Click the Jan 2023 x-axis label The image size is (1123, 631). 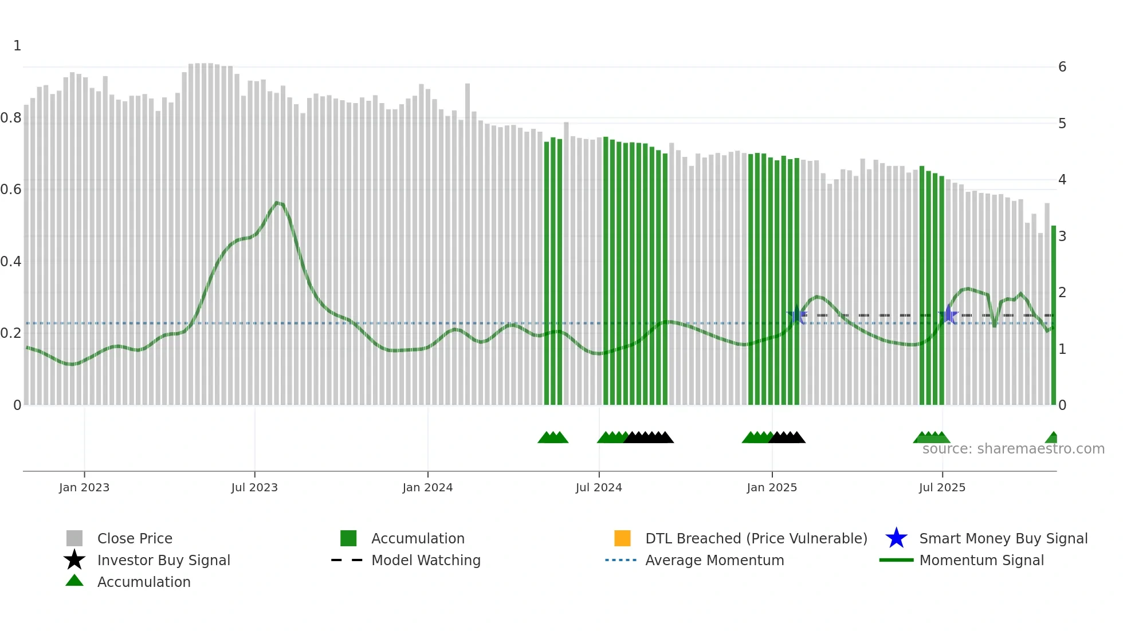(84, 487)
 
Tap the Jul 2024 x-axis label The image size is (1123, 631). (599, 487)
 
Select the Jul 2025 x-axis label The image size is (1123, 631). (942, 487)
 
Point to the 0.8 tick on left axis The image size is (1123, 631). (11, 118)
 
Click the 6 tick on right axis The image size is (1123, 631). (1062, 67)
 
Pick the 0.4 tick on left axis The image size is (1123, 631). (11, 262)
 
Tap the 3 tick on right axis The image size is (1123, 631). (1062, 236)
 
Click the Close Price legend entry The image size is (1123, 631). (135, 538)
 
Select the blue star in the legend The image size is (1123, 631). (896, 538)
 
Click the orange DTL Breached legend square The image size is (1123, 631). (622, 538)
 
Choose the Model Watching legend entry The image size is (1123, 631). (426, 560)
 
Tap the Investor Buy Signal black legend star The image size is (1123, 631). (74, 560)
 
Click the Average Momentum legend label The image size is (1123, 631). (714, 560)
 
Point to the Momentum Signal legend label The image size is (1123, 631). (981, 560)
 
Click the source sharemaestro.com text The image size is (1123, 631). (1013, 449)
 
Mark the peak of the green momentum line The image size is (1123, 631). (277, 203)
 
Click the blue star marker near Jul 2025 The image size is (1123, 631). (949, 315)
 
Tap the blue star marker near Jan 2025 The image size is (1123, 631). (797, 315)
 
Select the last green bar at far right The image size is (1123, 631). (1053, 315)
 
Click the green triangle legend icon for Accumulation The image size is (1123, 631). (74, 581)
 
